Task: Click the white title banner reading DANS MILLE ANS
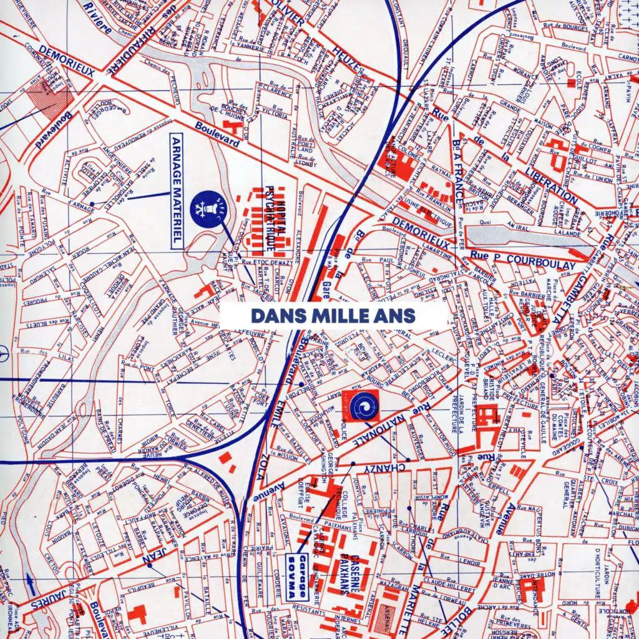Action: [x=333, y=315]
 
